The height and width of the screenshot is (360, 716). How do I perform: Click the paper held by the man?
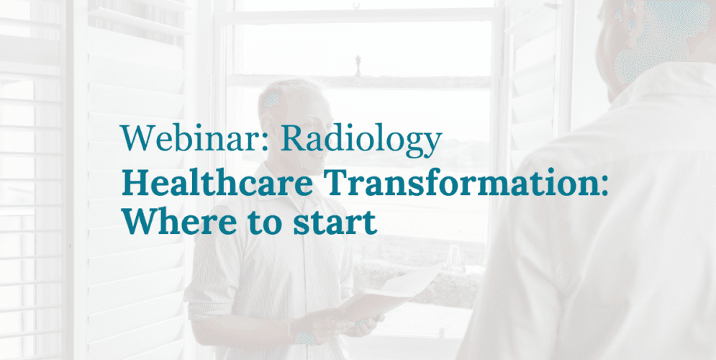(x=403, y=288)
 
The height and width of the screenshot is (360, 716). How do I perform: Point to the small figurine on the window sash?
(x=358, y=64)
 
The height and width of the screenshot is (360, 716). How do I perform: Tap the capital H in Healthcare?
(x=134, y=185)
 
